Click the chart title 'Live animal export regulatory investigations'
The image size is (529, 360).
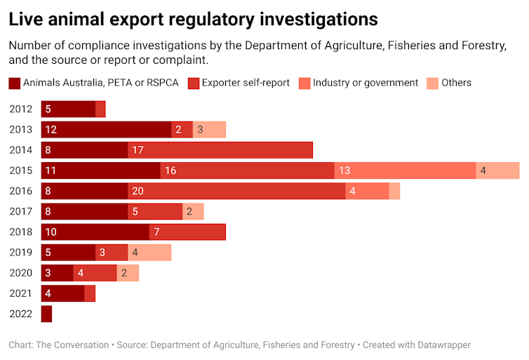(193, 18)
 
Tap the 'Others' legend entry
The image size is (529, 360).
(456, 83)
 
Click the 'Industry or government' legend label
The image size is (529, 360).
(365, 83)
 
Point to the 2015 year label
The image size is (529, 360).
(21, 171)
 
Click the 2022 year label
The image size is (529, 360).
(21, 314)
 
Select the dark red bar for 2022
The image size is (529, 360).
(46, 314)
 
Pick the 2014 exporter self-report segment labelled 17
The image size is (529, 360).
(220, 150)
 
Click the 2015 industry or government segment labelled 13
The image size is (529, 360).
(405, 171)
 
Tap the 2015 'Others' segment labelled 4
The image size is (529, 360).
(497, 171)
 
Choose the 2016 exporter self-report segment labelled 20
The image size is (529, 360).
(236, 191)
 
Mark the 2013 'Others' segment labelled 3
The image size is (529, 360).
(209, 130)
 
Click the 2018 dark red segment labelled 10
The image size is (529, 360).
(95, 232)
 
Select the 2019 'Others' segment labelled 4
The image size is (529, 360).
(149, 253)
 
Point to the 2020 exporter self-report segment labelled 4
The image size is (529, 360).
(95, 273)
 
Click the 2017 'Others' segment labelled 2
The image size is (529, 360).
(193, 212)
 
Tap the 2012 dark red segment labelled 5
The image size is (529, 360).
(68, 109)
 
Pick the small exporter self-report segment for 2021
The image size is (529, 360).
(90, 293)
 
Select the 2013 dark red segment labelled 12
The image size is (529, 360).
(106, 130)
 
